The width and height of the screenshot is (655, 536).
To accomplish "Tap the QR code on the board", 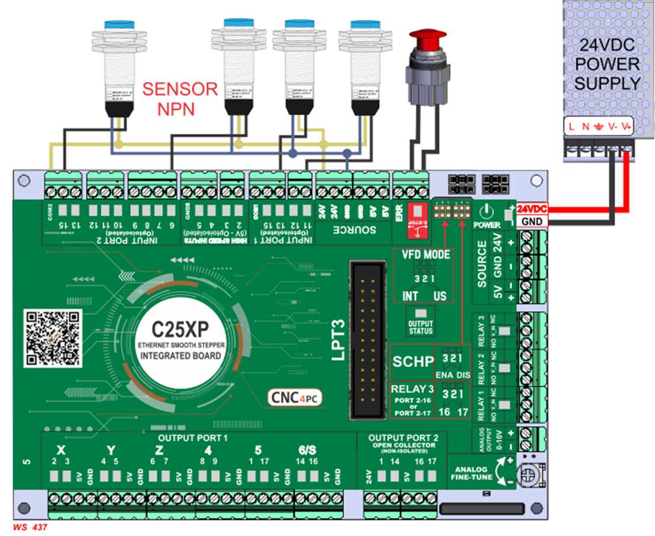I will point(52,337).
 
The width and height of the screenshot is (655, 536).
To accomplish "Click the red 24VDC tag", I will point(531,209).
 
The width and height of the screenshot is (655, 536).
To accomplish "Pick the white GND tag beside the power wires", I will point(531,221).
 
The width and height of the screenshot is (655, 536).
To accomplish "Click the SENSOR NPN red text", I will point(180,98).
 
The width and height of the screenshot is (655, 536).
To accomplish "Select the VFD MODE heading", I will point(424,255).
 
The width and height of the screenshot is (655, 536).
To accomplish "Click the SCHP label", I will point(412,361).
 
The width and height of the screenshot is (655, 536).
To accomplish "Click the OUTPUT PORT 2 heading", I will point(403,438).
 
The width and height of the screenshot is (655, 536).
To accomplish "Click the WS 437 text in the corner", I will point(29,527).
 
